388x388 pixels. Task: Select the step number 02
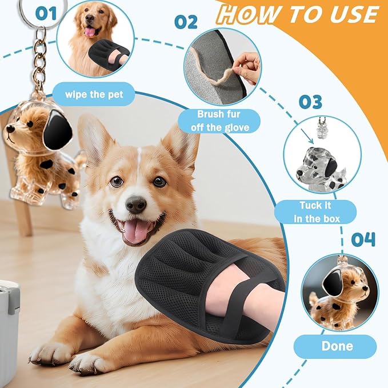pyautogui.click(x=186, y=22)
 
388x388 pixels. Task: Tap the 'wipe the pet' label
pyautogui.click(x=94, y=93)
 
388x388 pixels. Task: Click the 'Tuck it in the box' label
pyautogui.click(x=315, y=211)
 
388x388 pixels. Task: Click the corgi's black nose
pyautogui.click(x=136, y=204)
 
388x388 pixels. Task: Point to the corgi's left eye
pyautogui.click(x=117, y=182)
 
